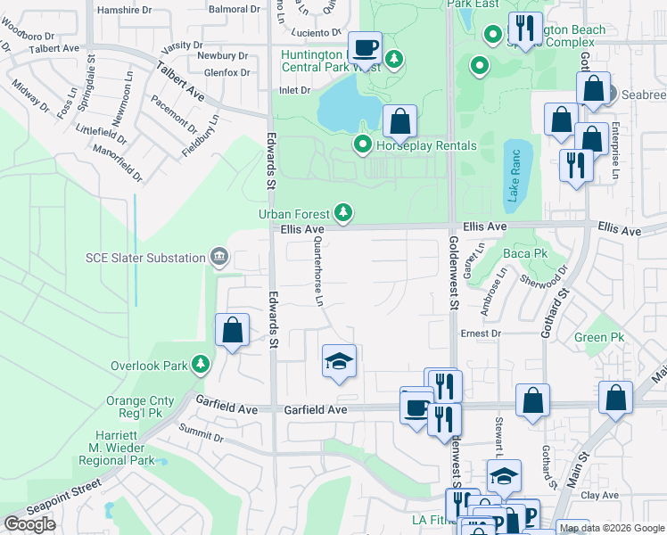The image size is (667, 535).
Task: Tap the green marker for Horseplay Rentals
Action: pyautogui.click(x=362, y=144)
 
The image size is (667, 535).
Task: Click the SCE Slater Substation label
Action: pyautogui.click(x=145, y=258)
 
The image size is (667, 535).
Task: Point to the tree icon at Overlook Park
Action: pyautogui.click(x=202, y=365)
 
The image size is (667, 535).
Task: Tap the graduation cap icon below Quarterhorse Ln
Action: pyautogui.click(x=339, y=362)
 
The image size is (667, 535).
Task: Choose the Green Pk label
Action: pyautogui.click(x=599, y=338)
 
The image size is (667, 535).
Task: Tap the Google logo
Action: pyautogui.click(x=29, y=524)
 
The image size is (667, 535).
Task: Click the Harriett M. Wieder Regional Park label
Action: pyautogui.click(x=117, y=447)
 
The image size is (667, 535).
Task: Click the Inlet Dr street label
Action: pyautogui.click(x=294, y=90)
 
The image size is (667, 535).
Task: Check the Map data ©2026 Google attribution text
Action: pyautogui.click(x=611, y=528)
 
